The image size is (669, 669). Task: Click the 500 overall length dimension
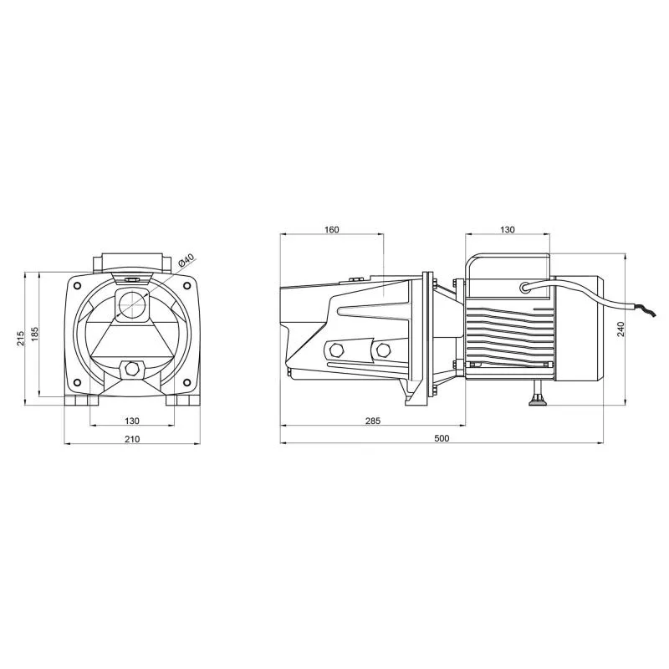(442, 438)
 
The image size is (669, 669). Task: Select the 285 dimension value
(372, 421)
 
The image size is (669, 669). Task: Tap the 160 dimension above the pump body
(331, 229)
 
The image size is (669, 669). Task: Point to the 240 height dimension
(620, 329)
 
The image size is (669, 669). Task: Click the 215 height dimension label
(20, 338)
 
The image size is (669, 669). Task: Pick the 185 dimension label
(34, 334)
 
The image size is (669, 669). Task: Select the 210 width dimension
(132, 438)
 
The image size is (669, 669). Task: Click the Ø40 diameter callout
(186, 260)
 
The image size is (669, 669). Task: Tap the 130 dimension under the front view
(132, 421)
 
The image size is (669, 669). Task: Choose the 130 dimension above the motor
(508, 229)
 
